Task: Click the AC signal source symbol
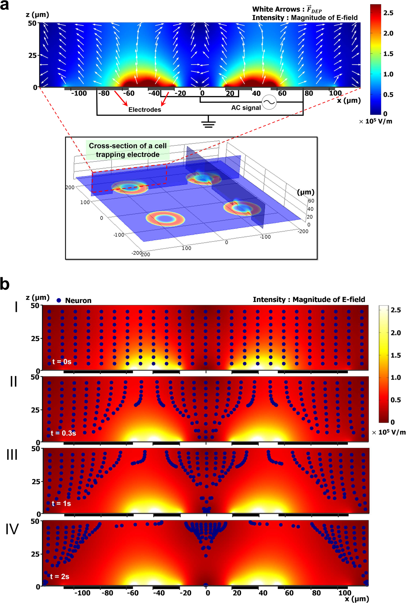point(269,102)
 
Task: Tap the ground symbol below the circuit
point(208,123)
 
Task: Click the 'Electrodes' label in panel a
point(145,110)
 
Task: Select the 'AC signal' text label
point(246,108)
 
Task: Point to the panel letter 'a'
point(5,6)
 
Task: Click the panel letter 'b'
point(5,284)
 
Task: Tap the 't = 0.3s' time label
point(63,433)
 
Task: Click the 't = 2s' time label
point(60,576)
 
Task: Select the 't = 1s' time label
point(61,503)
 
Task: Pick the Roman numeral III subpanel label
point(12,455)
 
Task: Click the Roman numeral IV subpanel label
point(12,529)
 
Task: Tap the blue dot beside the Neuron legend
point(59,300)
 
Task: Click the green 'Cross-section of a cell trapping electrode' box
point(128,150)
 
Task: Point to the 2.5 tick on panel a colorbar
point(388,13)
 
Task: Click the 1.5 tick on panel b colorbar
point(396,355)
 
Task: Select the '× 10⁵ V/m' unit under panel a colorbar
point(375,121)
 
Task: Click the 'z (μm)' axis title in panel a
point(37,15)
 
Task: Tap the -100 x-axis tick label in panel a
point(79,94)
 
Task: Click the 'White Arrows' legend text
point(276,9)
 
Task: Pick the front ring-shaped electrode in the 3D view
point(165,219)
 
